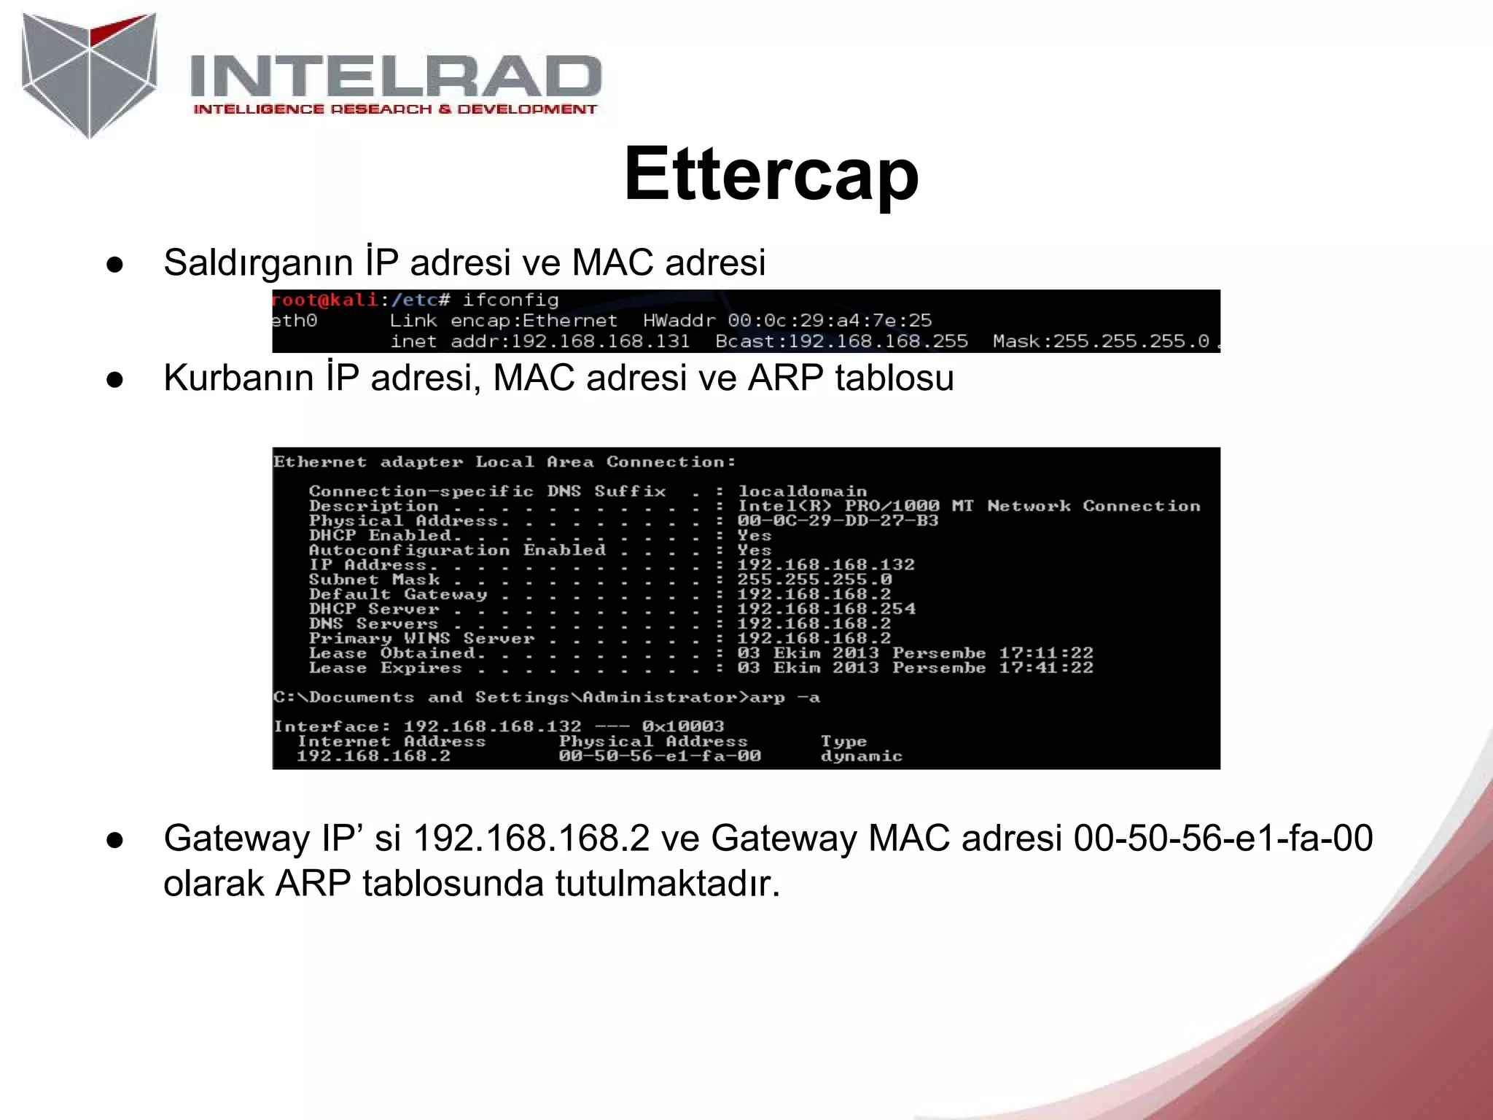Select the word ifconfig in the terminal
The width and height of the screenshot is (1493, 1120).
(x=510, y=300)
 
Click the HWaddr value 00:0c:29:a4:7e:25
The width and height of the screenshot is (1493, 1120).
(x=830, y=320)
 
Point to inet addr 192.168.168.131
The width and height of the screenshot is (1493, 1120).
(x=600, y=341)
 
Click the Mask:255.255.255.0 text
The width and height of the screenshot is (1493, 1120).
(x=1101, y=341)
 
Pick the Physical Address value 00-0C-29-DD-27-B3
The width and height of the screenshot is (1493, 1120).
(x=838, y=521)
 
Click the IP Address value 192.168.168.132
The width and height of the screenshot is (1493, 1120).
(x=825, y=564)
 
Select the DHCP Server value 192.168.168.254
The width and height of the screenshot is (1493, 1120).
(x=826, y=609)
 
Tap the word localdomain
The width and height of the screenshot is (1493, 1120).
(x=802, y=491)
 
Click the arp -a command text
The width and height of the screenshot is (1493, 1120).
(x=785, y=697)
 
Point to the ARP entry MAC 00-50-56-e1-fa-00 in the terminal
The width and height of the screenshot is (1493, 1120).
(x=660, y=756)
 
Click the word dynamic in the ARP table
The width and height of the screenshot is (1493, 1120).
(x=862, y=756)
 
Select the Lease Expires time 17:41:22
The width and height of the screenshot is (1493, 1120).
(x=1046, y=668)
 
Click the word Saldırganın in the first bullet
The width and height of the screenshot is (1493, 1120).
(x=258, y=262)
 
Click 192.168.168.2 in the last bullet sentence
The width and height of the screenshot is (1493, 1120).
(x=531, y=838)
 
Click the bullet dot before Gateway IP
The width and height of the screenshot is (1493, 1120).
(x=114, y=839)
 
